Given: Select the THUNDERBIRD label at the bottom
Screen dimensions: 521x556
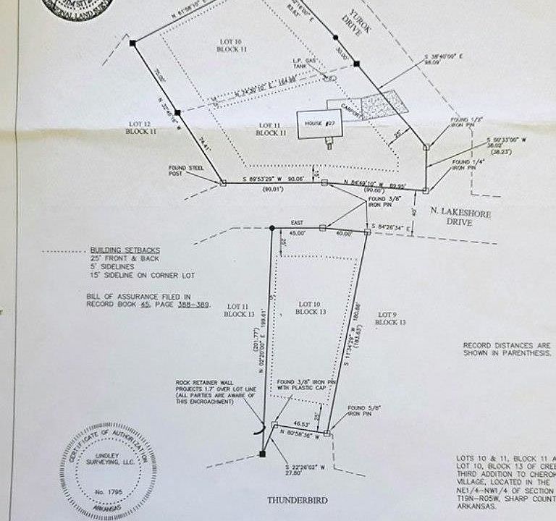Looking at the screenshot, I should click(x=297, y=499).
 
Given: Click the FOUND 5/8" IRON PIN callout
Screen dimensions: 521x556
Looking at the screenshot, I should click(x=363, y=410).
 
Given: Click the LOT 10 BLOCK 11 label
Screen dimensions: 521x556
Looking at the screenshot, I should click(x=232, y=45).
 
